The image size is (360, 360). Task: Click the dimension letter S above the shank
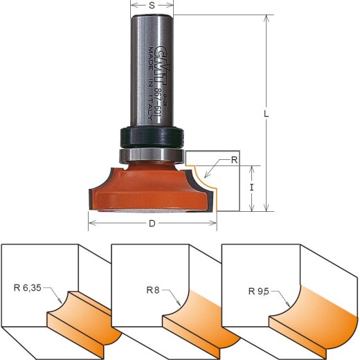click(x=152, y=5)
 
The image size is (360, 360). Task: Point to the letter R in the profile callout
click(x=234, y=160)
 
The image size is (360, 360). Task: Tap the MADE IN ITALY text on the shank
click(x=150, y=76)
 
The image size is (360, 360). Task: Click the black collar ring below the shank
click(x=152, y=134)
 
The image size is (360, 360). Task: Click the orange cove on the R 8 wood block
click(x=201, y=315)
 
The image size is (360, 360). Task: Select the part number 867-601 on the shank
click(x=159, y=101)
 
